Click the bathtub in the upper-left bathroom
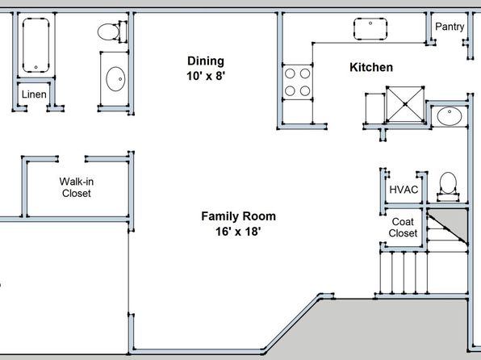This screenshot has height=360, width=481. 36,45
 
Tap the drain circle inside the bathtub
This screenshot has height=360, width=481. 36,67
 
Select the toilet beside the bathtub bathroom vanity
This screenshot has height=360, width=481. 112,31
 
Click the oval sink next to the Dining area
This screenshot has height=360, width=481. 115,79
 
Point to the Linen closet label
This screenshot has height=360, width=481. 34,94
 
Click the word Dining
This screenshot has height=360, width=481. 206,61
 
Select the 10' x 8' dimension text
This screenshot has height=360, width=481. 206,76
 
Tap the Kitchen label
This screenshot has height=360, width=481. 371,68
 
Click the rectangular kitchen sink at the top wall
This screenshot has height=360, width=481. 370,29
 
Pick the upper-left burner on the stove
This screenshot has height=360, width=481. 290,73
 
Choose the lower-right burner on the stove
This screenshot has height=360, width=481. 305,91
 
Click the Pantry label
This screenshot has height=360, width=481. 450,27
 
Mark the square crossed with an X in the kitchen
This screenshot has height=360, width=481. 405,104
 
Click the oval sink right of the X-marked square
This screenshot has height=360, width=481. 450,116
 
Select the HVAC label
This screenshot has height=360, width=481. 404,190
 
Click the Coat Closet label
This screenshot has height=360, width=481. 403,228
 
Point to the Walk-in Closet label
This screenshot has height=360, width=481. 77,187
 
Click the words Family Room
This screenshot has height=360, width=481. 238,216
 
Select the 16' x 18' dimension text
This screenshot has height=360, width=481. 238,232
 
